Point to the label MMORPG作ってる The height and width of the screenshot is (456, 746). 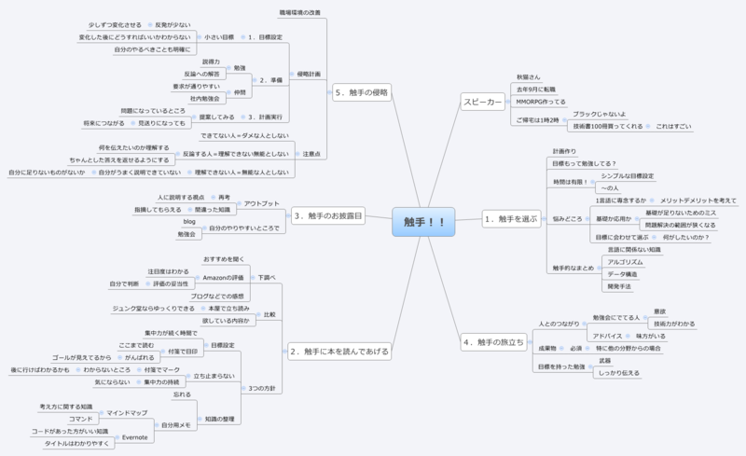[541, 101]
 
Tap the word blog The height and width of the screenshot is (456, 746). [189, 221]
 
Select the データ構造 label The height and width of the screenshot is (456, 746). [622, 275]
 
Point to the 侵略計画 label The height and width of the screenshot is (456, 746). [308, 73]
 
